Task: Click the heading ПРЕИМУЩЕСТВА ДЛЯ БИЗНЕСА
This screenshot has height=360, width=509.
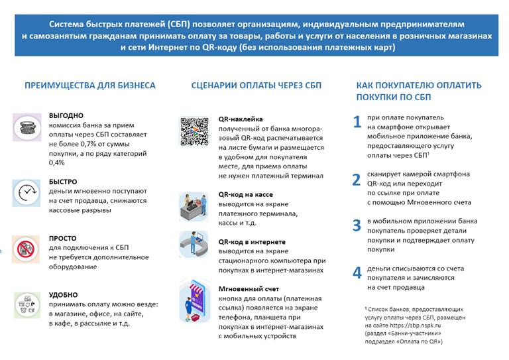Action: (x=90, y=86)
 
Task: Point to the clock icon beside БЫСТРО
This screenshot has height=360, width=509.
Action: (x=27, y=192)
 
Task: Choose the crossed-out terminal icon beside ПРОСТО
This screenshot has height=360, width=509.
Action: (x=27, y=249)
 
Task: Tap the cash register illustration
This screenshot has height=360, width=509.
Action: (x=194, y=206)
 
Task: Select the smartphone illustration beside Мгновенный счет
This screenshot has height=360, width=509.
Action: (x=194, y=302)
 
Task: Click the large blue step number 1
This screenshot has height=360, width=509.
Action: (x=357, y=121)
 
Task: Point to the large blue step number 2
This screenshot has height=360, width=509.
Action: (x=357, y=179)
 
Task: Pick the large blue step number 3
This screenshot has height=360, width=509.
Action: (x=357, y=225)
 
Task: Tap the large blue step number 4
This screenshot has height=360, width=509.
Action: (x=357, y=272)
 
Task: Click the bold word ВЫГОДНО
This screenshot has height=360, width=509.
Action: (x=66, y=115)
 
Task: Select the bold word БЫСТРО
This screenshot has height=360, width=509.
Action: (x=63, y=182)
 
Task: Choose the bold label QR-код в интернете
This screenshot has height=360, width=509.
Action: (x=253, y=242)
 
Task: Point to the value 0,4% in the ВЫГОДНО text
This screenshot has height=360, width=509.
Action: (x=57, y=162)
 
